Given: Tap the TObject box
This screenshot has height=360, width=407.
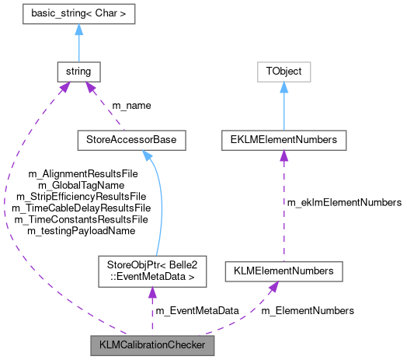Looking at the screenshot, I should click(284, 72).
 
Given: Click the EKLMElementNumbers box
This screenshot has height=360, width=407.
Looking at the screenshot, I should click(284, 141).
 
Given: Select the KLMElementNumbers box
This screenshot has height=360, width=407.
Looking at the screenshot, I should click(284, 271).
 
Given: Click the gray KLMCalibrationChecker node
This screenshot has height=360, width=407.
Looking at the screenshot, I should click(151, 343).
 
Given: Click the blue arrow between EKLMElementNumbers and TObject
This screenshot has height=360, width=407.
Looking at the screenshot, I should click(284, 109).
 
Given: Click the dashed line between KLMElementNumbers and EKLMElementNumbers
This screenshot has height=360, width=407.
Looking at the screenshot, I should click(284, 210).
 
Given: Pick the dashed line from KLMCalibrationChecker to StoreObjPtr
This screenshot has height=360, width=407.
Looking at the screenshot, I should click(151, 311).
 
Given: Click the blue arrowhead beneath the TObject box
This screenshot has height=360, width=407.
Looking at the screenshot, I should click(284, 88).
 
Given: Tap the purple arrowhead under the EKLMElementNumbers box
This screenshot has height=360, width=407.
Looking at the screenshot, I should click(284, 156).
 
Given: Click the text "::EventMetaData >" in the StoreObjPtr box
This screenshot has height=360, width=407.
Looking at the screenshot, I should click(151, 277).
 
